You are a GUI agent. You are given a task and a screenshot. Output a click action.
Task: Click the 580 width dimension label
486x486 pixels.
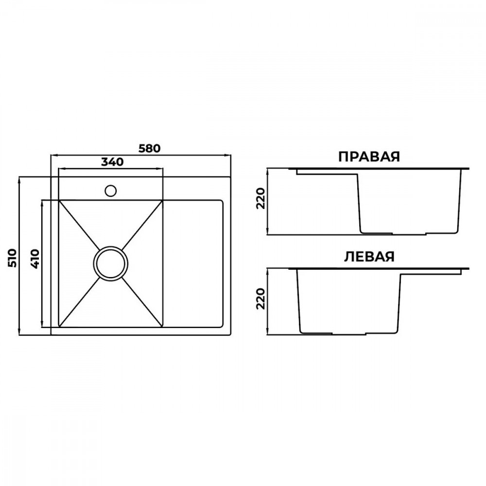pyautogui.click(x=149, y=148)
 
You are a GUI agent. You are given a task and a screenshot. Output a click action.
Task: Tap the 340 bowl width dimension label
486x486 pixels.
pyautogui.click(x=112, y=162)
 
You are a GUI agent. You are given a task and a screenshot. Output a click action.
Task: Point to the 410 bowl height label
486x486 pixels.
pyautogui.click(x=35, y=259)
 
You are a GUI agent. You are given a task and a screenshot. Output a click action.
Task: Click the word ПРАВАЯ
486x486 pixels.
pyautogui.click(x=369, y=157)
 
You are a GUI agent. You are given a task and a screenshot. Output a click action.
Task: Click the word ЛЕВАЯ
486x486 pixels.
pyautogui.click(x=369, y=257)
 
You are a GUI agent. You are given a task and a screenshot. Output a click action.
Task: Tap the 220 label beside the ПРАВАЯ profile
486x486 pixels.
pyautogui.click(x=261, y=198)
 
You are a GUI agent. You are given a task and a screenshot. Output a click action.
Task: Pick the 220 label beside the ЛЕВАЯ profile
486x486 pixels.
pyautogui.click(x=261, y=298)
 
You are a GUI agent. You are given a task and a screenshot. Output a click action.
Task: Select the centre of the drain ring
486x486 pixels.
pyautogui.click(x=110, y=264)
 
